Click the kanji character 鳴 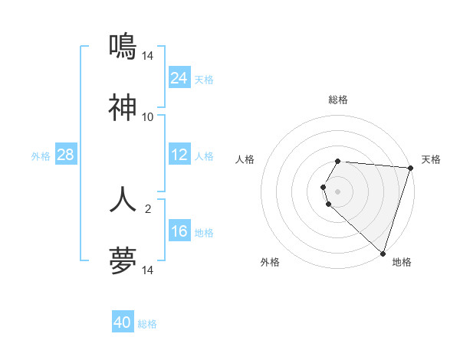[123, 47]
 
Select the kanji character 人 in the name [123, 199]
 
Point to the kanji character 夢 [123, 260]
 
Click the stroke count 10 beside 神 [148, 117]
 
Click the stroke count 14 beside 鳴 [148, 55]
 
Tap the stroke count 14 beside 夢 [148, 270]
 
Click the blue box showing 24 [179, 77]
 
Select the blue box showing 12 [179, 155]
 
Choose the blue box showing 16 [179, 231]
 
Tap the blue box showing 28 [66, 155]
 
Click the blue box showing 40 [123, 322]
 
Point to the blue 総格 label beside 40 [147, 324]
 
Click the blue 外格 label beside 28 [41, 156]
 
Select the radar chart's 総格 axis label [338, 100]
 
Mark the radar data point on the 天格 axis [410, 168]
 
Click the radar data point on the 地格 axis [383, 253]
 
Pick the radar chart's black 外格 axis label [270, 262]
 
